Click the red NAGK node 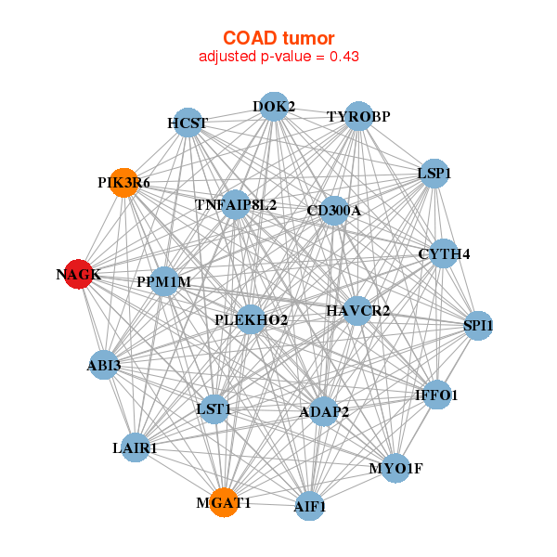pos(78,274)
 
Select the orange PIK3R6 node pos(124,182)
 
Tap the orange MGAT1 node pos(223,503)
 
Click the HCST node pos(188,123)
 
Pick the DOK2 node pos(273,107)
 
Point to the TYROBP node pos(358,116)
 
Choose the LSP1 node pos(434,174)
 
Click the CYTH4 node pos(444,253)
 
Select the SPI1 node pos(478,326)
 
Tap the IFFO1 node pos(436,395)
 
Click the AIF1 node pos(310,507)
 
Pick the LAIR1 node pos(136,447)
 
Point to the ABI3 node pos(105,365)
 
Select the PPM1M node pos(163,281)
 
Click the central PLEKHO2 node pos(251,320)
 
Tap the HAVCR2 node pos(357,310)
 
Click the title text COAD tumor pos(278,38)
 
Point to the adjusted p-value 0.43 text pos(278,57)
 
